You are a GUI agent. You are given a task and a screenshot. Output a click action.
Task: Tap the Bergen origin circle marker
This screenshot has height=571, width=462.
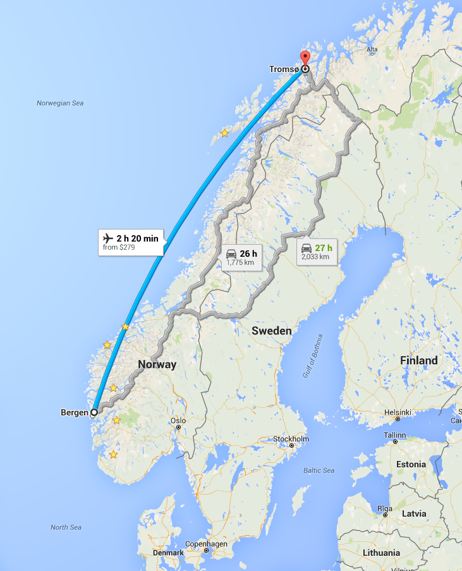94,412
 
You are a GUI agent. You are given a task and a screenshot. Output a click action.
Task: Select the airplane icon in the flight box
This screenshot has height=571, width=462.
107,238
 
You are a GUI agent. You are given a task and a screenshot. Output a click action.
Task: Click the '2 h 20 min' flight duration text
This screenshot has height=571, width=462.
137,238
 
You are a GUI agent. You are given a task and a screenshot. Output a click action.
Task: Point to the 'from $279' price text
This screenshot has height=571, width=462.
119,248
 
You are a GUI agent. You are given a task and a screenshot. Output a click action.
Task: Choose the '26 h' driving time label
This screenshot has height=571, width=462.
248,254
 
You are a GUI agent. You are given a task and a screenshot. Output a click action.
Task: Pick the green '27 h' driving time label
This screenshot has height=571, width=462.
324,247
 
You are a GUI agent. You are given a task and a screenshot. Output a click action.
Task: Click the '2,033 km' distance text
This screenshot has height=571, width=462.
315,257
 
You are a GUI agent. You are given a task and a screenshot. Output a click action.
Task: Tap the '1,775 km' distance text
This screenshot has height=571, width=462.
240,263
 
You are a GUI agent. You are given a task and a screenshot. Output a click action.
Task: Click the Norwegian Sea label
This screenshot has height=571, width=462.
60,103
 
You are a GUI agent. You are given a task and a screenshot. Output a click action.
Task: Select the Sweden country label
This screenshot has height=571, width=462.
271,331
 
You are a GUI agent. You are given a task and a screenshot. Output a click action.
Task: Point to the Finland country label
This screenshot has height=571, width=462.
418,360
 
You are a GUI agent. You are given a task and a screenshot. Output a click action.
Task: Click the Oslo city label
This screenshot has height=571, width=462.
178,421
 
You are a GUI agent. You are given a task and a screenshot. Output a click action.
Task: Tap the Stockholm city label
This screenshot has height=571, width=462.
291,439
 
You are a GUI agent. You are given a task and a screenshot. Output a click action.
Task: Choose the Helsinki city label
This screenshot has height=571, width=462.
398,412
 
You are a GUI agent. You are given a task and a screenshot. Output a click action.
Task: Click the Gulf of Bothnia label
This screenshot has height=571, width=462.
312,356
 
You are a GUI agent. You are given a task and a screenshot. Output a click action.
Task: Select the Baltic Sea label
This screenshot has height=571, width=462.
319,470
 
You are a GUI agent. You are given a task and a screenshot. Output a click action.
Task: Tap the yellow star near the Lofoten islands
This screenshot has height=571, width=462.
224,133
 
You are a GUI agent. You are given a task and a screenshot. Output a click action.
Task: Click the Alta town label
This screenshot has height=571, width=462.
372,49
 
